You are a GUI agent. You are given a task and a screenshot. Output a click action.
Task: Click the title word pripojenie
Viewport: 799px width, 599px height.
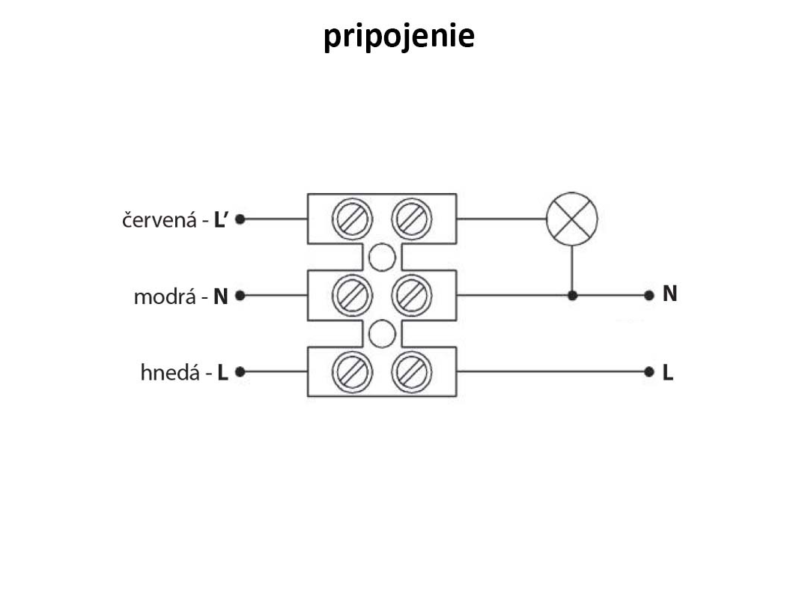click(x=398, y=37)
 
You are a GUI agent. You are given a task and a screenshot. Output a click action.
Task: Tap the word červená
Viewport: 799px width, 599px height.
click(x=159, y=222)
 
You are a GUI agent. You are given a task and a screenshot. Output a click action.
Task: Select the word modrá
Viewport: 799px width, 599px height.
click(x=164, y=297)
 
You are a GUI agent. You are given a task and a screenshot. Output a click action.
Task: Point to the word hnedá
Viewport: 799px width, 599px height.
click(x=170, y=373)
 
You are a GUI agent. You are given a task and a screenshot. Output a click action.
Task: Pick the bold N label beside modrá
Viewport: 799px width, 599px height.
click(x=220, y=297)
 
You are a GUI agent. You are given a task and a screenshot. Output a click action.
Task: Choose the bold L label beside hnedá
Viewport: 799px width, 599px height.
click(x=222, y=373)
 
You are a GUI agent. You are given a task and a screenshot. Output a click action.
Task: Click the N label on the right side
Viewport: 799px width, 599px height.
click(x=669, y=294)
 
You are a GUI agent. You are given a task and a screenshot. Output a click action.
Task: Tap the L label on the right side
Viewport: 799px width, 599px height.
click(x=668, y=373)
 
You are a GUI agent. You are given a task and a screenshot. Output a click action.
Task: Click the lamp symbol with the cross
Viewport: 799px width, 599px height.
click(x=572, y=219)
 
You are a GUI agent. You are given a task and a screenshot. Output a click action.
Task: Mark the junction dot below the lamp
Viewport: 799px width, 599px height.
click(x=572, y=296)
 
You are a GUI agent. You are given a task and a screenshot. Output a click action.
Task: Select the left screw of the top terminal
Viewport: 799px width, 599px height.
click(x=352, y=219)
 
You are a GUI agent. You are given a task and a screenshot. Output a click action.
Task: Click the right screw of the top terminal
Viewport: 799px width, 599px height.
click(x=412, y=219)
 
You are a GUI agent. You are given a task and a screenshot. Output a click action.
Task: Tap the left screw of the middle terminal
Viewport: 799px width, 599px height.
click(x=352, y=296)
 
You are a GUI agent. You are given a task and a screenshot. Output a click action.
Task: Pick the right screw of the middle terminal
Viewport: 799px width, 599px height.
click(x=412, y=296)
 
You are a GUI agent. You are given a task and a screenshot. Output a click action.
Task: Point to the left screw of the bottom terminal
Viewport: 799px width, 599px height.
click(x=352, y=371)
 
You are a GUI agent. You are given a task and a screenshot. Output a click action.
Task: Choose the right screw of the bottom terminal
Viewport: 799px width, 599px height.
click(x=412, y=371)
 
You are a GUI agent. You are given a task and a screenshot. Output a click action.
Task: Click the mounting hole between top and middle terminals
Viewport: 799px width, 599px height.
click(x=382, y=258)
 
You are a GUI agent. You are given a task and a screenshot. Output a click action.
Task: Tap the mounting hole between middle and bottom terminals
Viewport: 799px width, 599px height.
click(x=382, y=333)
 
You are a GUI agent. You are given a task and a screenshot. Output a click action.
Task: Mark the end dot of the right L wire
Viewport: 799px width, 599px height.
click(x=649, y=371)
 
